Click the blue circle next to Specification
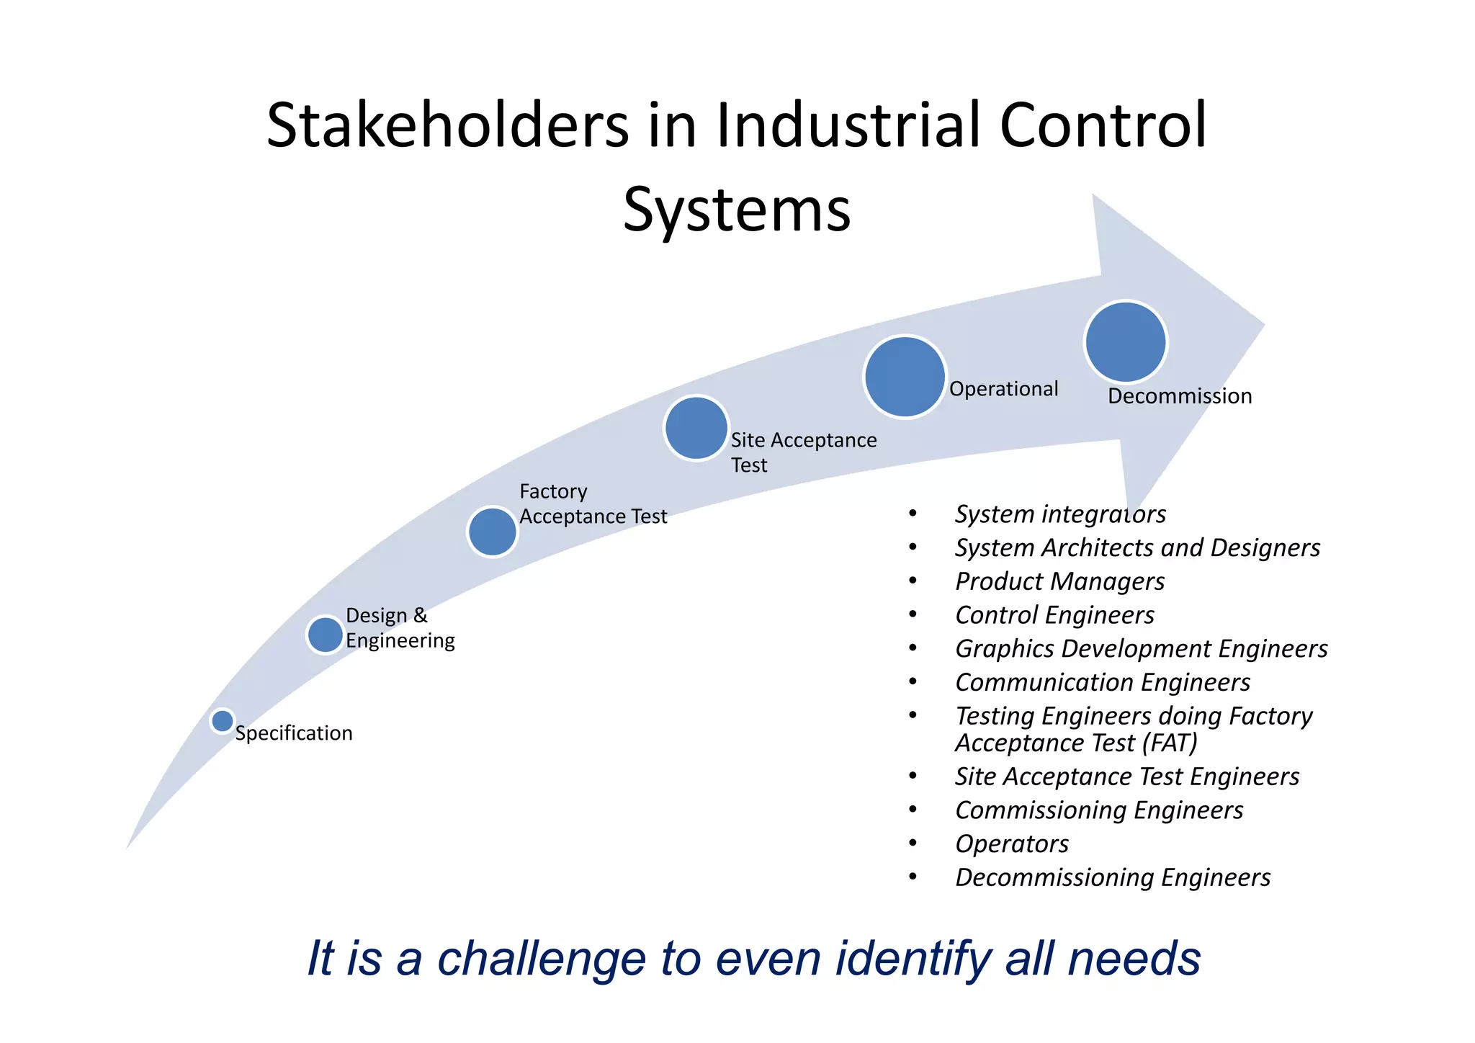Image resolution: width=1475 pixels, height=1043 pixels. point(223,720)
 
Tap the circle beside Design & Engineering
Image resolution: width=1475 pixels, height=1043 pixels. point(325,635)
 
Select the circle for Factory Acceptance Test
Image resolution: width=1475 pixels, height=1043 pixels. point(493,532)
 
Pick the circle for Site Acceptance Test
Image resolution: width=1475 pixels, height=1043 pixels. point(696,428)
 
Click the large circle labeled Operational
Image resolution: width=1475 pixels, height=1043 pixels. point(905,377)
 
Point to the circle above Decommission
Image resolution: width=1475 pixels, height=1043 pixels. point(1125,342)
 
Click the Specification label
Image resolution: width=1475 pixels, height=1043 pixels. point(294,733)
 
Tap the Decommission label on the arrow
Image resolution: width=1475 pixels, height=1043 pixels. point(1179,396)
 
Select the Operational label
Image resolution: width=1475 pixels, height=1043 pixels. point(1003,389)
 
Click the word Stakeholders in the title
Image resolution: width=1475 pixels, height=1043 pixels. point(447,126)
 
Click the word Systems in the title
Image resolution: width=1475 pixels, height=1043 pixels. point(737,210)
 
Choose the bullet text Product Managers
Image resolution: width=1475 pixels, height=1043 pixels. point(1059,581)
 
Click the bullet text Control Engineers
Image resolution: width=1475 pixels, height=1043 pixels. point(1054,615)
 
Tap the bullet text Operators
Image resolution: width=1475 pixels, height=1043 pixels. point(1012,843)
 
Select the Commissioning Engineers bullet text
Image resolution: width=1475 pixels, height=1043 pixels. point(1099,810)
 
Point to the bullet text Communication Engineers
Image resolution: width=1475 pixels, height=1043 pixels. point(1103,682)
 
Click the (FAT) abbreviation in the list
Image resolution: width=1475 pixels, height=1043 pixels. point(1170,743)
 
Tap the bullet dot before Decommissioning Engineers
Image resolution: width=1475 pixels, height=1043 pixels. point(913,877)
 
